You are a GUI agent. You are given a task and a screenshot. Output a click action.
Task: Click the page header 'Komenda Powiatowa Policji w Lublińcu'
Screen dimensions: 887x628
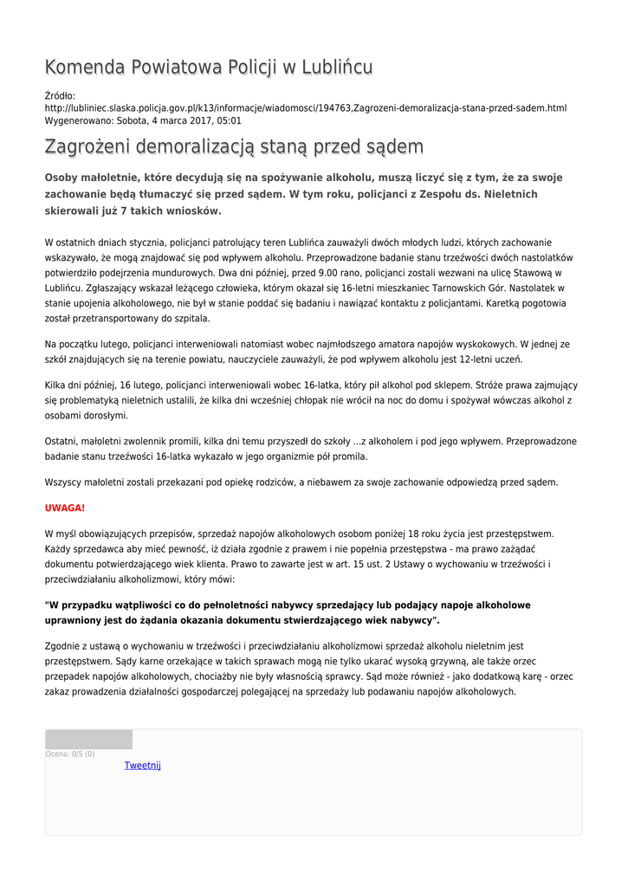[x=209, y=67]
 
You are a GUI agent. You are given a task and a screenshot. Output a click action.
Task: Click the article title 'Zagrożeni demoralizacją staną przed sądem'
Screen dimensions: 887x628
[x=234, y=146]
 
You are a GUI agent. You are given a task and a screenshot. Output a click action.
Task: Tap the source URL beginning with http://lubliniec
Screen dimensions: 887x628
[x=305, y=108]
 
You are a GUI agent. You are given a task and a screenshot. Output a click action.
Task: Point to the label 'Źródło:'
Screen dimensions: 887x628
[x=60, y=95]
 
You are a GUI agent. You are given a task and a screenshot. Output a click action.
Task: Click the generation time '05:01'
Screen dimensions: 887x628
[x=230, y=120]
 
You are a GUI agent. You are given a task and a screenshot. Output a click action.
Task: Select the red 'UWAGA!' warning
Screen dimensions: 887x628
[x=65, y=508]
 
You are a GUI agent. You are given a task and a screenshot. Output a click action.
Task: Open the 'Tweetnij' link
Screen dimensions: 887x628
[x=143, y=765]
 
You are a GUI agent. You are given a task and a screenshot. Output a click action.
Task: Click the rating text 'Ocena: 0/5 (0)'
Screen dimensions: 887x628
[x=70, y=754]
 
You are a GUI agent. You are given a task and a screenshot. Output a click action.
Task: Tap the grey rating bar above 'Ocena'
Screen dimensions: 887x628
[x=88, y=739]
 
